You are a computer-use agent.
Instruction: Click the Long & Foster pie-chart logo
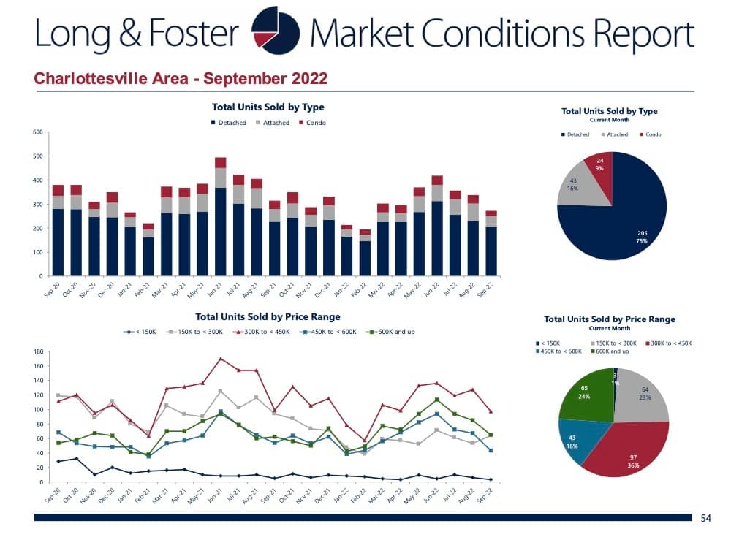click(x=275, y=31)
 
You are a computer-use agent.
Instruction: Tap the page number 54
click(x=705, y=517)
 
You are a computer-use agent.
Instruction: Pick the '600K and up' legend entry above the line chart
click(x=393, y=332)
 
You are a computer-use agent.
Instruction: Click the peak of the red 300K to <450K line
click(x=220, y=358)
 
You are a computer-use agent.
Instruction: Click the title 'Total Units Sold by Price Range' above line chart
click(x=268, y=317)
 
